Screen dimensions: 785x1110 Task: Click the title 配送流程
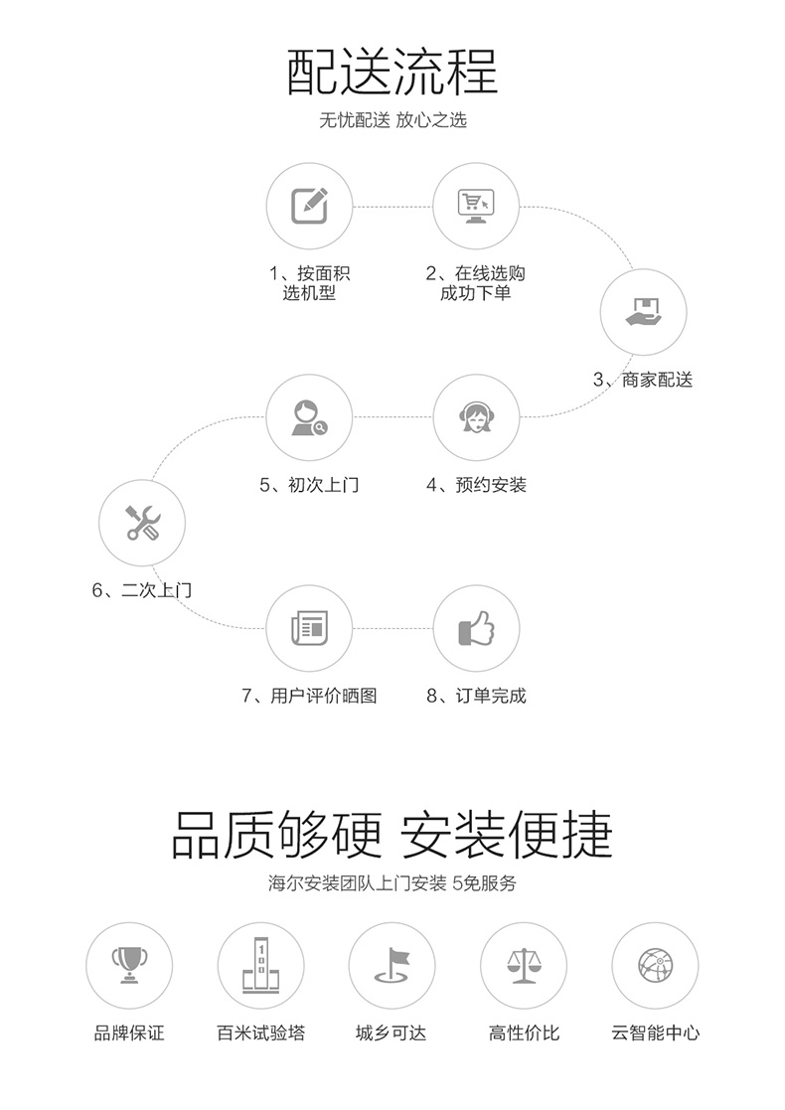[392, 73]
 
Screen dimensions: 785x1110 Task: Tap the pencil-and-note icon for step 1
[309, 206]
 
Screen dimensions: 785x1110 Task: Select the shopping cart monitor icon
[476, 206]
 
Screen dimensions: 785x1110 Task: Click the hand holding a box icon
[644, 311]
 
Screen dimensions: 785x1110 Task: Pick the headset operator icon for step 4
[476, 417]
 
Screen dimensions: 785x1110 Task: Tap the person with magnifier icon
[309, 417]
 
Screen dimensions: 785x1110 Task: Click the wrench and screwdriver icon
[142, 523]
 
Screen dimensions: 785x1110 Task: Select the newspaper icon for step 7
[309, 628]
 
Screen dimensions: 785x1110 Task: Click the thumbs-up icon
[476, 628]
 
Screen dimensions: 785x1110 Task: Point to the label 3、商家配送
[643, 381]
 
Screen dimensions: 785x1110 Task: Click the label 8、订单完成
[476, 696]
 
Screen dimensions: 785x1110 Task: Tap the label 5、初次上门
[309, 485]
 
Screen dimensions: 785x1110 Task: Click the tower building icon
[261, 964]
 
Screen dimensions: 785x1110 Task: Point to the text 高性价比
[524, 1033]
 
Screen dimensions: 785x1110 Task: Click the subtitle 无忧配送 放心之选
[392, 119]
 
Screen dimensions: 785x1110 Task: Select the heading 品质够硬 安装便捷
[392, 836]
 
